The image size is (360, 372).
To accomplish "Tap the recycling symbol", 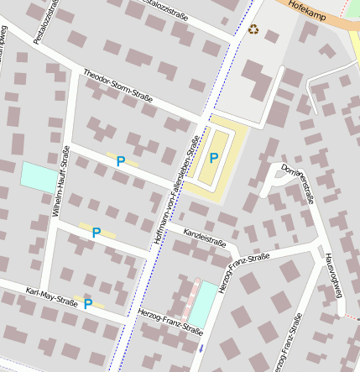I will [253, 30].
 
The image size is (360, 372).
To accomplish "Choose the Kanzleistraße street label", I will [206, 239].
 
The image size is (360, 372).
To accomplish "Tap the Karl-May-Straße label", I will [52, 297].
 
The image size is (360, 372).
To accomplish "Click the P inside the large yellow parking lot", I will [214, 157].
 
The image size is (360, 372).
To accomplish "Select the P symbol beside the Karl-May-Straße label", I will [87, 304].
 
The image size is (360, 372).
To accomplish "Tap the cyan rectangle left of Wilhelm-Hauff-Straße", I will [36, 176].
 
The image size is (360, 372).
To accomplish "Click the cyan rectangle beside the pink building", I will [202, 304].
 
